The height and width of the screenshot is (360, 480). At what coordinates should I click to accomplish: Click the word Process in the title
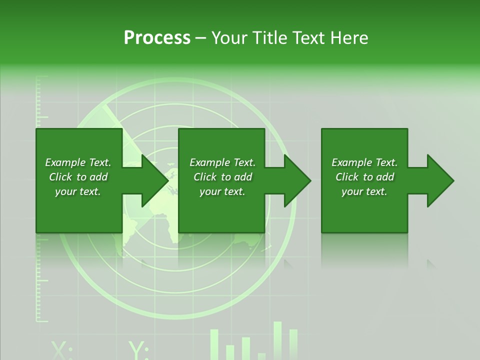click(x=157, y=38)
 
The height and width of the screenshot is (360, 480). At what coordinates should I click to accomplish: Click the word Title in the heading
click(x=268, y=38)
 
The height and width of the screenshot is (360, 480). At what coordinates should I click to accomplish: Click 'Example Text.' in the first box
click(x=78, y=162)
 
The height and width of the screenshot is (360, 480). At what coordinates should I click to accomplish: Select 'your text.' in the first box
click(x=78, y=191)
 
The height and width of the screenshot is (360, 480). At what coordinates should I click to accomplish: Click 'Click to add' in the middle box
click(x=222, y=177)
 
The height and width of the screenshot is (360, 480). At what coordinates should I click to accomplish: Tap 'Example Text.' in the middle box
click(x=222, y=162)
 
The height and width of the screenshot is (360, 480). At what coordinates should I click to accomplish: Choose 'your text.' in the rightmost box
click(x=364, y=191)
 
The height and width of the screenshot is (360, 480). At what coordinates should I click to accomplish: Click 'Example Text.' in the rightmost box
click(x=364, y=162)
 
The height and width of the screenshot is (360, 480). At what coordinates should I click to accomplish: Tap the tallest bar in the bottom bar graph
click(x=277, y=340)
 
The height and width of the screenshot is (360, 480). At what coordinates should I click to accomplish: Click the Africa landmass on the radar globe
click(x=170, y=220)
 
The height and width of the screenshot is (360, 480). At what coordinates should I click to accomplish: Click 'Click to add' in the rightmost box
click(x=364, y=177)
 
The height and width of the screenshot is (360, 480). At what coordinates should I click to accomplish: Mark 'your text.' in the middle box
click(x=222, y=191)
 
